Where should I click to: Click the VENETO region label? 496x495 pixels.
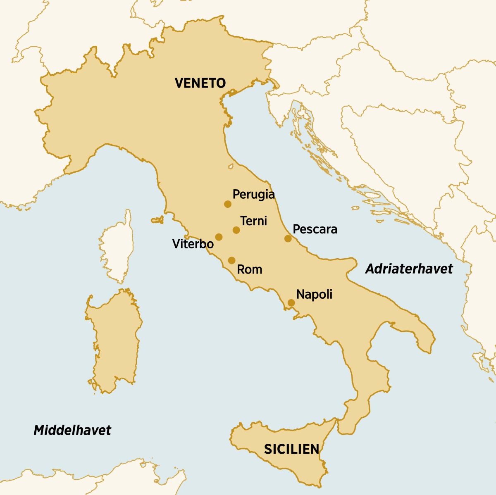pyautogui.click(x=200, y=83)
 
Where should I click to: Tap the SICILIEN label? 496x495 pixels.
pyautogui.click(x=291, y=449)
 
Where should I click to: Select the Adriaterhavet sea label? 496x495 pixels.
pyautogui.click(x=409, y=269)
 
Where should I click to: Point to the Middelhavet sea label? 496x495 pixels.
pyautogui.click(x=72, y=430)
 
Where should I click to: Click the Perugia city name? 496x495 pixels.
pyautogui.click(x=253, y=194)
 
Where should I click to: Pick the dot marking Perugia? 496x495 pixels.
pyautogui.click(x=227, y=204)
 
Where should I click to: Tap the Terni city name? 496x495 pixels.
pyautogui.click(x=253, y=221)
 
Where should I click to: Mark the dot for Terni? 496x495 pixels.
pyautogui.click(x=236, y=230)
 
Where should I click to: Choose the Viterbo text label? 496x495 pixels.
pyautogui.click(x=193, y=244)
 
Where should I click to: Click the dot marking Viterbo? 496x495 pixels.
pyautogui.click(x=219, y=237)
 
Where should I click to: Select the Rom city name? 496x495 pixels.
pyautogui.click(x=249, y=270)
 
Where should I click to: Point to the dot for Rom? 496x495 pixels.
pyautogui.click(x=231, y=260)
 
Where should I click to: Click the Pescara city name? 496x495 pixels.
pyautogui.click(x=315, y=229)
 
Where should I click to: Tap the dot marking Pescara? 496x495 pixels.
pyautogui.click(x=288, y=238)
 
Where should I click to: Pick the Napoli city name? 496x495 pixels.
pyautogui.click(x=314, y=295)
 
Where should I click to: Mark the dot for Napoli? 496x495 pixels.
pyautogui.click(x=291, y=303)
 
